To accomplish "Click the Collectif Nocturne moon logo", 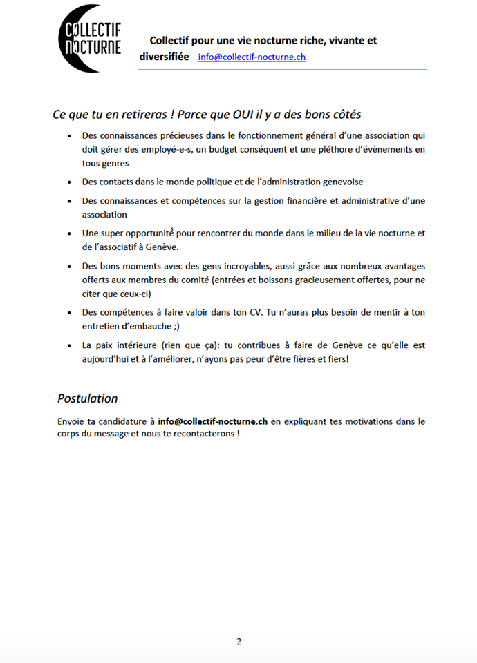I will point(89,39).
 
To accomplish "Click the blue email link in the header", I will point(252,57).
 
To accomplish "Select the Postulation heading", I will point(87,398).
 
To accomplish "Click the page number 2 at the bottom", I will point(239,641).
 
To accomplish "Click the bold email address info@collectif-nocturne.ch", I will point(212,420).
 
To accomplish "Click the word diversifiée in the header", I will point(165,57).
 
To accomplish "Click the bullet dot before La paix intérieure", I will point(69,345).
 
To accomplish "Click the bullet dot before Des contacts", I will point(69,182).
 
